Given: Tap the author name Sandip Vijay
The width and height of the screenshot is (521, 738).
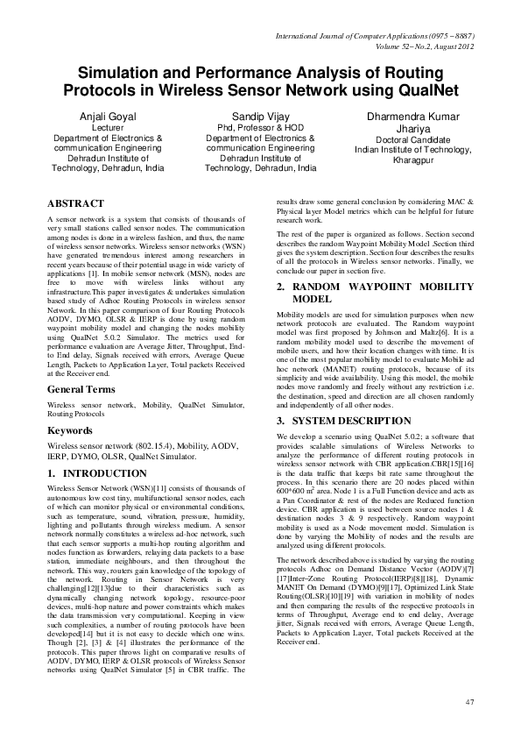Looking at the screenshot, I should (260, 117).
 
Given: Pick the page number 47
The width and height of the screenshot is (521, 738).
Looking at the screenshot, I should (469, 701).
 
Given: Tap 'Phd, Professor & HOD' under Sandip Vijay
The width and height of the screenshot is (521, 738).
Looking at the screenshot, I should (260, 128).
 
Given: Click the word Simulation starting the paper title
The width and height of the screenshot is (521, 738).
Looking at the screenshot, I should (122, 74).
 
